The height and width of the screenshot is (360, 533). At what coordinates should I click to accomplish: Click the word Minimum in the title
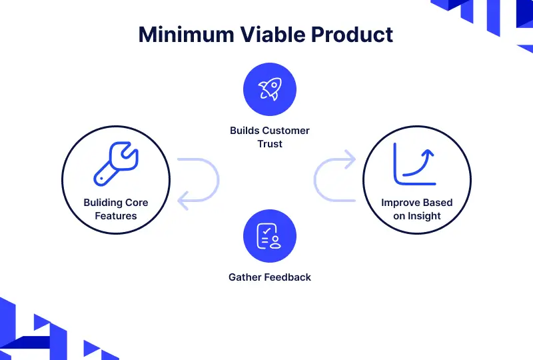click(x=187, y=35)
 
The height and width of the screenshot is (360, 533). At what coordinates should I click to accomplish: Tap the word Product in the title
click(x=352, y=35)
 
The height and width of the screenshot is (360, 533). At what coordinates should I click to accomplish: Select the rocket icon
click(x=270, y=89)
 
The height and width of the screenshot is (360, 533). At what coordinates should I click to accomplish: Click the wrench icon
click(x=116, y=164)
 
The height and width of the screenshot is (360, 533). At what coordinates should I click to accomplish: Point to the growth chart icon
click(x=414, y=164)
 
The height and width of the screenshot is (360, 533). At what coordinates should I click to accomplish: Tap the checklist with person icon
click(x=268, y=236)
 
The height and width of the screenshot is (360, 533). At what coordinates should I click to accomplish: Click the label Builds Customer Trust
click(x=270, y=137)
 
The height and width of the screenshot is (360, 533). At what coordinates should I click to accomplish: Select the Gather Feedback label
click(x=270, y=277)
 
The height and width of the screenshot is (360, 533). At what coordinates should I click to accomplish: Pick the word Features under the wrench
click(x=116, y=216)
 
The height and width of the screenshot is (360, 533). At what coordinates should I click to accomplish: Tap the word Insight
click(x=424, y=216)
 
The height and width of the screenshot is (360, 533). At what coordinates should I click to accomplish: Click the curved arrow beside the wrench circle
click(x=219, y=179)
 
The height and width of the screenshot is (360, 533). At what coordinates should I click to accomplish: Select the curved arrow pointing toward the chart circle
click(x=314, y=179)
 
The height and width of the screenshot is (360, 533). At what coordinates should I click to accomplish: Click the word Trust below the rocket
click(x=270, y=144)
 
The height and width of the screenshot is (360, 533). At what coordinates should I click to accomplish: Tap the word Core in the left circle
click(x=137, y=203)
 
